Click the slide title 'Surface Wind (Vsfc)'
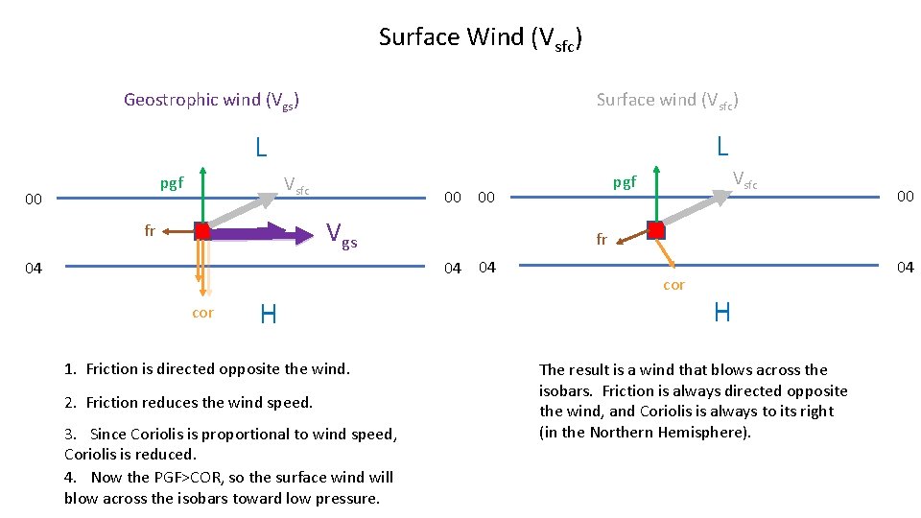click(x=481, y=38)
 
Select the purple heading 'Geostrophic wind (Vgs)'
click(x=211, y=100)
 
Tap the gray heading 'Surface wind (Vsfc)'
click(x=667, y=100)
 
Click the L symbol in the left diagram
click(x=261, y=148)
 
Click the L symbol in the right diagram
click(x=722, y=146)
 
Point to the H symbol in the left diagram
click(x=269, y=314)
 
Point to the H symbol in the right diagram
click(x=722, y=312)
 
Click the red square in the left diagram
click(x=201, y=231)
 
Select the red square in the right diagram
click(x=655, y=230)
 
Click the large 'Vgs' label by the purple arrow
click(x=342, y=234)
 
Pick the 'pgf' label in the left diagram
click(x=172, y=182)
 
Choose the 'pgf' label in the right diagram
click(x=625, y=181)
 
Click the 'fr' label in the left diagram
click(x=150, y=230)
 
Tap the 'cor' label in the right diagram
click(x=673, y=285)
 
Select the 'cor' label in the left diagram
click(x=202, y=313)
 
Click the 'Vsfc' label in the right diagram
click(x=744, y=179)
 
